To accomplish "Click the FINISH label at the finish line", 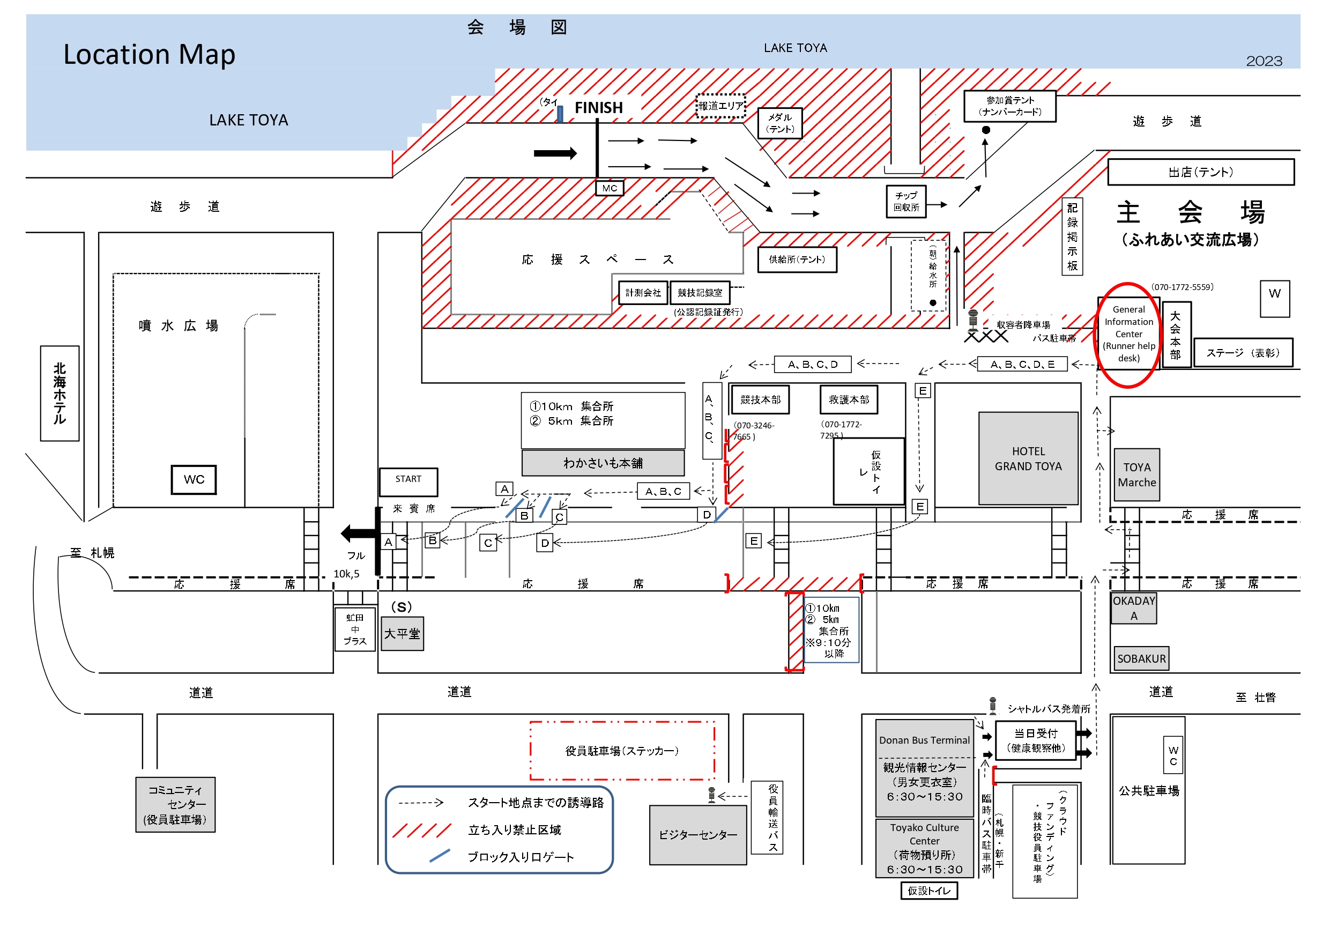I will click(x=598, y=108).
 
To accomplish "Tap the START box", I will click(x=408, y=481).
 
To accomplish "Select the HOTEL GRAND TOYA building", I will click(x=1028, y=458).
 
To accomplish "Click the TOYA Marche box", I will click(x=1136, y=475).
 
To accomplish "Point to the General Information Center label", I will click(x=1128, y=334).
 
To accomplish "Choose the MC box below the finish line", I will click(x=610, y=188).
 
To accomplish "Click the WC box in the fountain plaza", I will click(x=194, y=479).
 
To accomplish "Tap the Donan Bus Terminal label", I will click(x=924, y=740).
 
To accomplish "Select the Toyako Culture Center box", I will click(x=924, y=848).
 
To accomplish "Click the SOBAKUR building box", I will click(x=1141, y=658).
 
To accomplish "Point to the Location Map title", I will click(x=150, y=55).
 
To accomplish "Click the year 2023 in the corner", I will click(x=1264, y=61).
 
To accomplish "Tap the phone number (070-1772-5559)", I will click(x=1182, y=287).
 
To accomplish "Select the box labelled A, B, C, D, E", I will click(x=1022, y=364).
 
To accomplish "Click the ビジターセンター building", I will click(x=697, y=834).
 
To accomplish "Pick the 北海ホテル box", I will click(x=60, y=393).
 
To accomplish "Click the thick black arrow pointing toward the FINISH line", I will click(x=554, y=153).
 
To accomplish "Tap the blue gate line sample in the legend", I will click(x=440, y=856).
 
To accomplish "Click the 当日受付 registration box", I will click(x=1035, y=740).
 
